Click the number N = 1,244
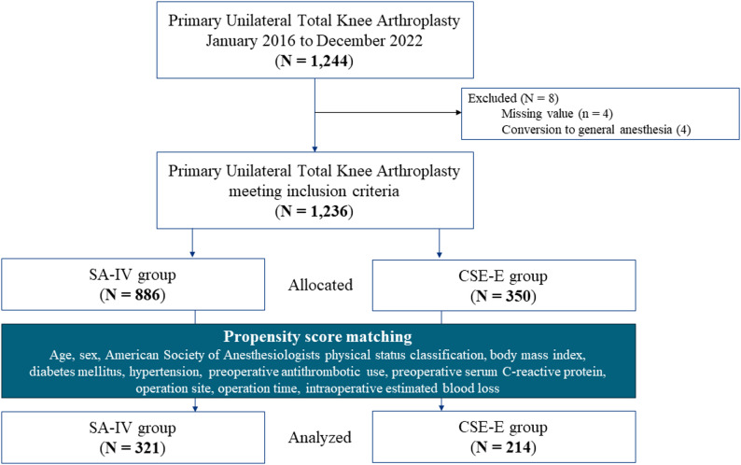tap(314, 61)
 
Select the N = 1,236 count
tap(314, 211)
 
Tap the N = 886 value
tap(133, 295)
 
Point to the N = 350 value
tap(503, 296)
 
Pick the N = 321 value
tap(133, 447)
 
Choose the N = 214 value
tap(503, 447)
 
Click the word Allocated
tap(320, 285)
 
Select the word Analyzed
tap(320, 438)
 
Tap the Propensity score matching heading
tap(317, 337)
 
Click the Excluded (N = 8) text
tap(513, 98)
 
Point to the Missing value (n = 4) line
tap(557, 114)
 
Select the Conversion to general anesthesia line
tap(596, 130)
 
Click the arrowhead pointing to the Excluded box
tap(458, 113)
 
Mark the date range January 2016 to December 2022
tap(314, 41)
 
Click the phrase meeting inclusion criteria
tap(314, 191)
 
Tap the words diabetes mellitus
tap(76, 372)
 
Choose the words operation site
tap(175, 388)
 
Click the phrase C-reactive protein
tap(553, 372)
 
